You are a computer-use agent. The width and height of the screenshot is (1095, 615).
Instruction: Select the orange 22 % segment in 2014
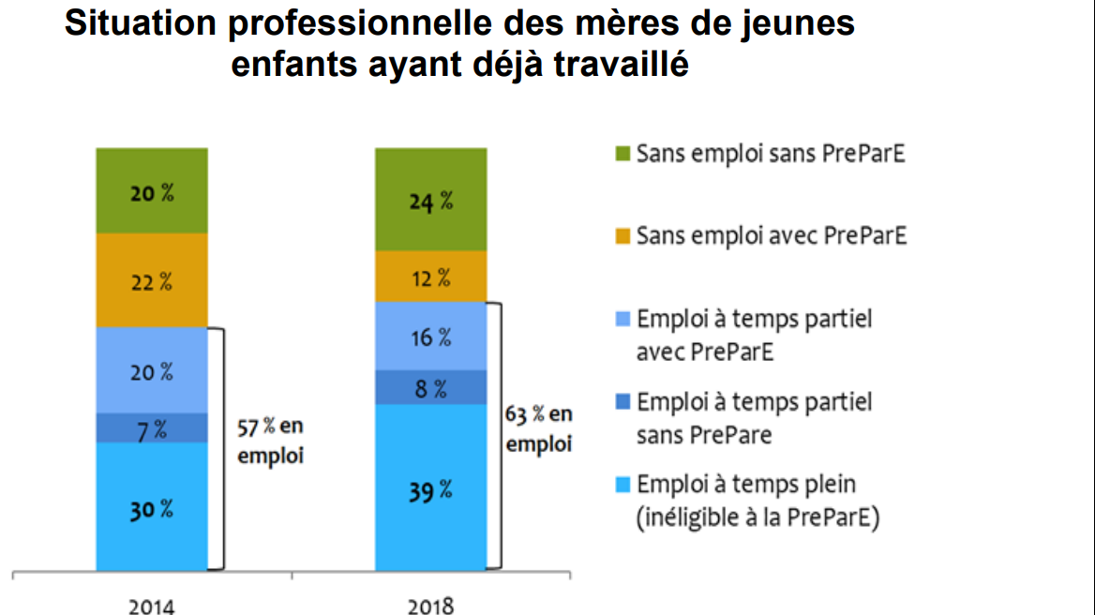(x=152, y=279)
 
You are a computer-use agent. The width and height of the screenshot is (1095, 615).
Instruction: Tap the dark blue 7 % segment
(x=152, y=428)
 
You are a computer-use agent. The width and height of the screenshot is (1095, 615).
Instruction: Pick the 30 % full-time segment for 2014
(x=152, y=506)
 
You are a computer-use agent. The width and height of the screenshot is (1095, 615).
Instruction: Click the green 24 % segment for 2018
(x=431, y=200)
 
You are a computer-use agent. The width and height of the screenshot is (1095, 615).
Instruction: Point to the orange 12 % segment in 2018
(x=431, y=277)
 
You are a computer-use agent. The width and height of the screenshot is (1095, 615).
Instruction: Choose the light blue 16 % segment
(x=431, y=336)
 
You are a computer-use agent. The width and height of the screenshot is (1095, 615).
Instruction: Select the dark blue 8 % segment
(x=431, y=387)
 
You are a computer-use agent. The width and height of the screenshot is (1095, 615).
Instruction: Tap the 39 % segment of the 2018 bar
(x=431, y=487)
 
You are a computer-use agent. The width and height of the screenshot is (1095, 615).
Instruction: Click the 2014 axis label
(x=152, y=605)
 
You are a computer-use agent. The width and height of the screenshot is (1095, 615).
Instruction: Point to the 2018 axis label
(x=431, y=605)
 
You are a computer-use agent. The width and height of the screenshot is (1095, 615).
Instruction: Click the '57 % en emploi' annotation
(x=271, y=441)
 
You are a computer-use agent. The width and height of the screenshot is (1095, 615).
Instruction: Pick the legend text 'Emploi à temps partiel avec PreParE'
(x=754, y=335)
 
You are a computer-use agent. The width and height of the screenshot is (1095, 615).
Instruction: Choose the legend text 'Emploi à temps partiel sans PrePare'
(x=754, y=418)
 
